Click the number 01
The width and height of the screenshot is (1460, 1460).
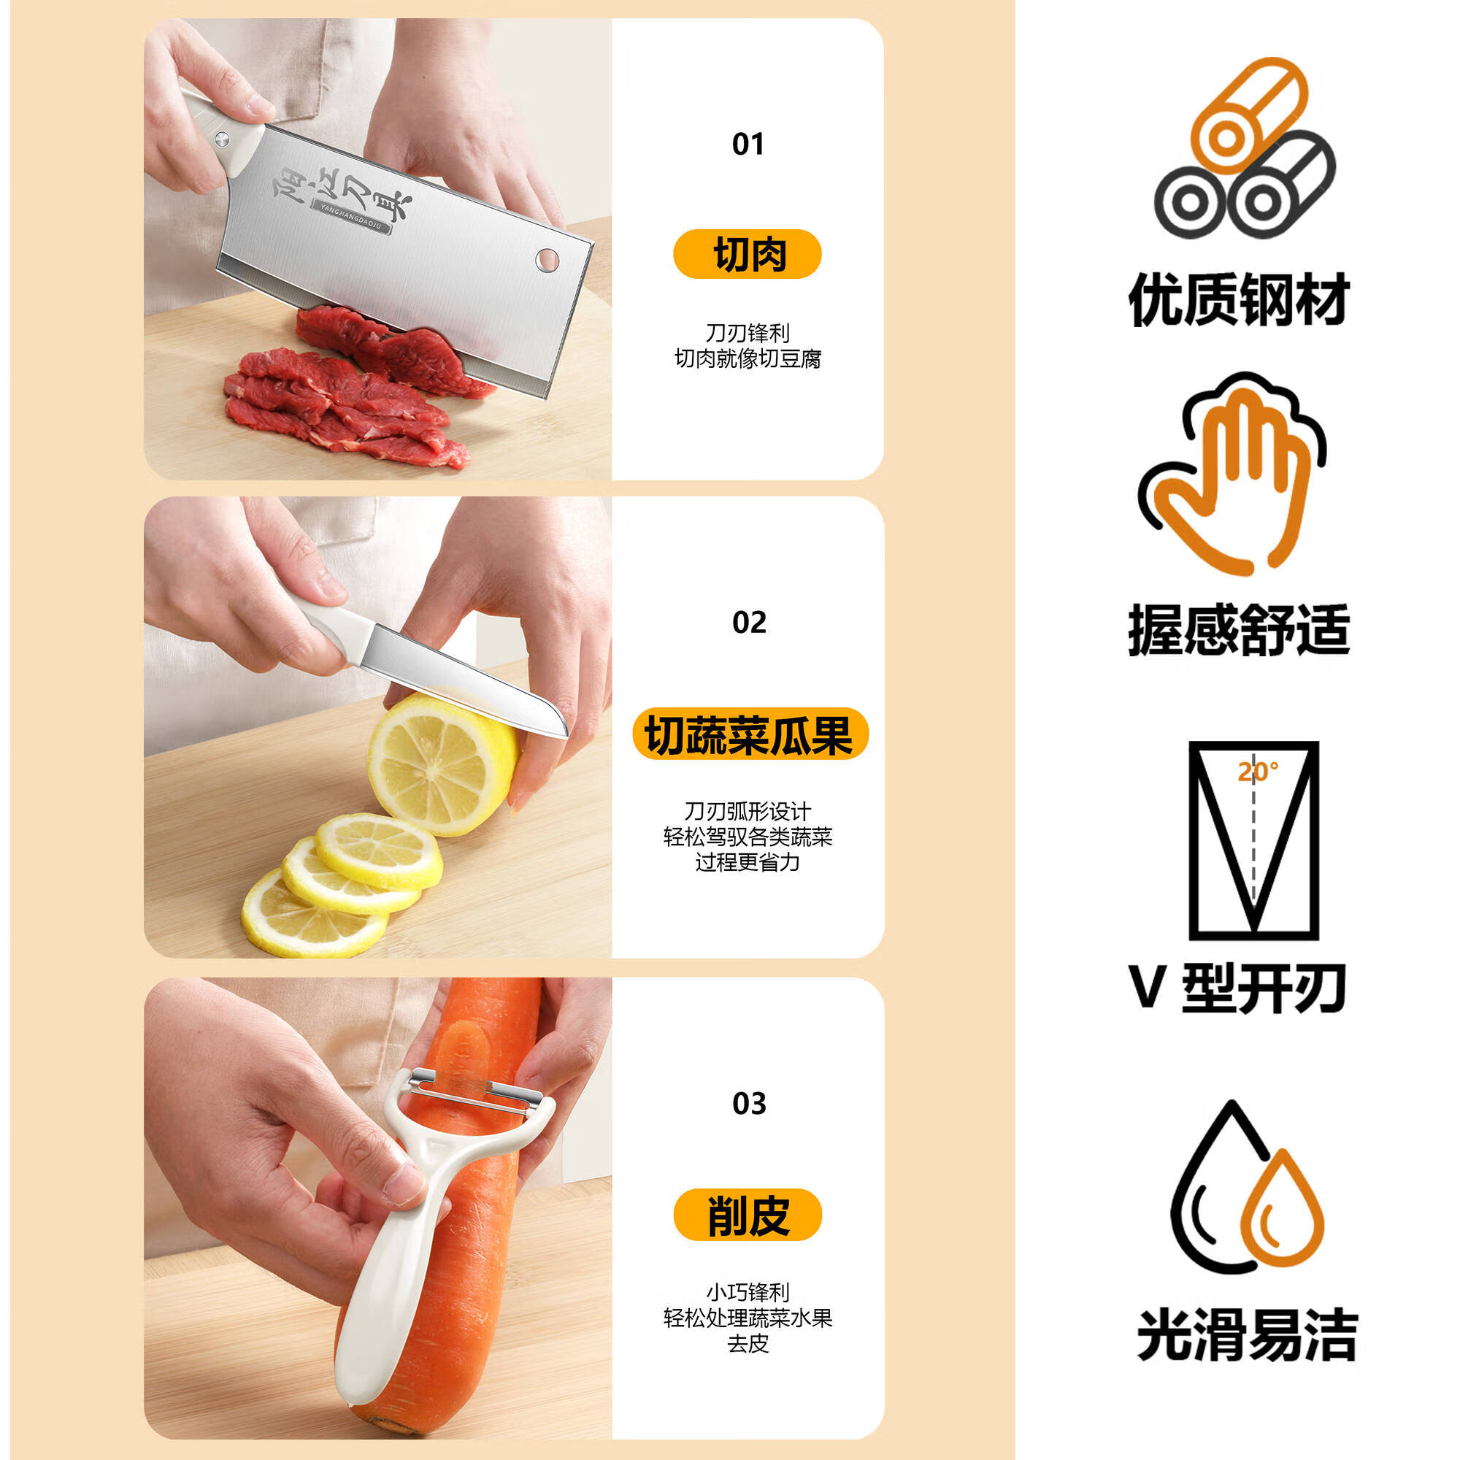pyautogui.click(x=748, y=144)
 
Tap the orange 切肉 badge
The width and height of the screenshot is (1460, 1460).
pyautogui.click(x=747, y=254)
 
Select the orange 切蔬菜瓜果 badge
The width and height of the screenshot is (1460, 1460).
pyautogui.click(x=750, y=734)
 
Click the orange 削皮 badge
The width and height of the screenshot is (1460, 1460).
pyautogui.click(x=748, y=1215)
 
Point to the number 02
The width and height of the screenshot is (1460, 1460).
pyautogui.click(x=749, y=623)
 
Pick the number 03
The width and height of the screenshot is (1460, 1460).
pyautogui.click(x=749, y=1104)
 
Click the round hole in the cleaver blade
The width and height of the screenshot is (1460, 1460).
pyautogui.click(x=547, y=260)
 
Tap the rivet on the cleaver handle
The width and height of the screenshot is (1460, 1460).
pyautogui.click(x=222, y=138)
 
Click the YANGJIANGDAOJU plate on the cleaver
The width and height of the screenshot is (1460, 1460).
pyautogui.click(x=352, y=218)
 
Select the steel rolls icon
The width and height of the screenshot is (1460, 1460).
pyautogui.click(x=1244, y=149)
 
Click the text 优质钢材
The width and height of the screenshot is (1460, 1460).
pyautogui.click(x=1240, y=300)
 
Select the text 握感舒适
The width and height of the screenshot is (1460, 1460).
pyautogui.click(x=1240, y=629)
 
